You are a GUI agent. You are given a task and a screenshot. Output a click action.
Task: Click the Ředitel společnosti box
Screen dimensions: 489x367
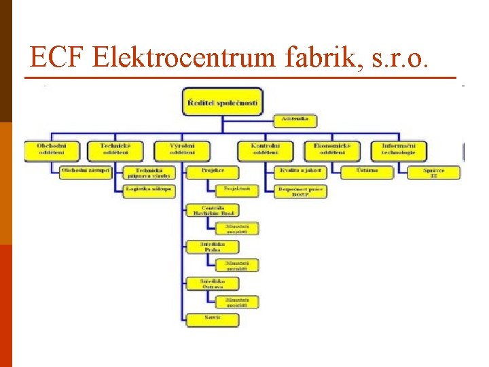[222, 103]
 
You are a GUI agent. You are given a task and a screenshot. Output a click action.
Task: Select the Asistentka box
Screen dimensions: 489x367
[295, 119]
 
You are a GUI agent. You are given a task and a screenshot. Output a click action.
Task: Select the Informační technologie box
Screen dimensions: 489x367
[399, 149]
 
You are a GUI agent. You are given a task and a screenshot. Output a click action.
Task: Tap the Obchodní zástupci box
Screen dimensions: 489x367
[85, 171]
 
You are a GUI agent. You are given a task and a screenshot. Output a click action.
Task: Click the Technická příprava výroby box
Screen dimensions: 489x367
[149, 173]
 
